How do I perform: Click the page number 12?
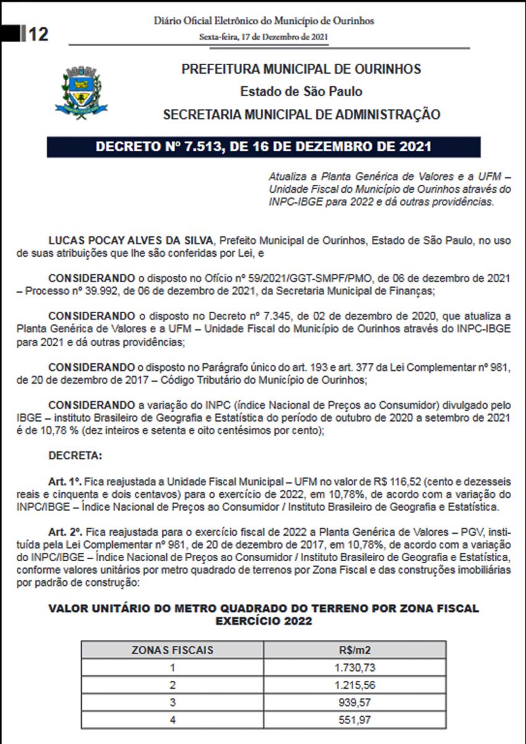click(37, 33)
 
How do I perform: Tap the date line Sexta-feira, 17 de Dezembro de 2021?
click(263, 37)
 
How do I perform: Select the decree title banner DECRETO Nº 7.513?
click(263, 148)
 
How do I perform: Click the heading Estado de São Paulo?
click(301, 92)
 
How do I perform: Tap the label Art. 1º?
click(64, 480)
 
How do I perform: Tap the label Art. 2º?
click(64, 533)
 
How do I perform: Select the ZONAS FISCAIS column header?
click(172, 650)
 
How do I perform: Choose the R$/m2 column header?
click(354, 650)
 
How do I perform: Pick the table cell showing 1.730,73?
click(354, 667)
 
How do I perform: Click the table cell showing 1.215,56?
click(354, 685)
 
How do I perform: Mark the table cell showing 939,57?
click(354, 702)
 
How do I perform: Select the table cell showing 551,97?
click(354, 720)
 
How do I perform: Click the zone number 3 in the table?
click(172, 702)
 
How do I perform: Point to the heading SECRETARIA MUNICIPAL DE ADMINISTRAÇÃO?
click(301, 115)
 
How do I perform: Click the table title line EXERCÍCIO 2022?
click(263, 621)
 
